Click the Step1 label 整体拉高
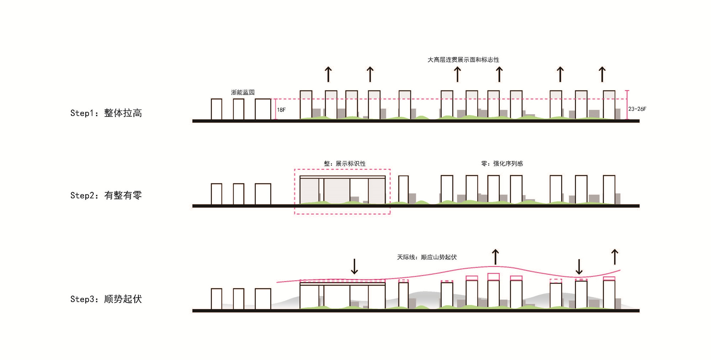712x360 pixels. pos(123,113)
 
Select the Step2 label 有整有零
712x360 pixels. pos(123,195)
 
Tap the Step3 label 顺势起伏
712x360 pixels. pos(123,299)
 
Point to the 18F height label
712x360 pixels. pos(281,110)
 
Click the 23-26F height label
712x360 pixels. pos(637,109)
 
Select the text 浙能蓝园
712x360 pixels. pos(243,93)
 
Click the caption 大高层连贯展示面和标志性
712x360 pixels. pos(463,60)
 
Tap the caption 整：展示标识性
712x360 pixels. pos(345,163)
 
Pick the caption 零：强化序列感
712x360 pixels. pos(502,163)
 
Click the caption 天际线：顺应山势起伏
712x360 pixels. pos(427,257)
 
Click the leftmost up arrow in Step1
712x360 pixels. pos(328,74)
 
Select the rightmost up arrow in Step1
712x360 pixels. pos(602,74)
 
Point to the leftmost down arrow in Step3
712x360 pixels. pos(354,266)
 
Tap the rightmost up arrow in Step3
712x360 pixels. pos(615,257)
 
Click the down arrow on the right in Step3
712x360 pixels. pos(579,267)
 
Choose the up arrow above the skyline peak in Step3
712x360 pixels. pos(495,257)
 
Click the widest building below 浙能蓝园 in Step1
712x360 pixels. pos(263,109)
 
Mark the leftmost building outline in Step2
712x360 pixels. pos(216,194)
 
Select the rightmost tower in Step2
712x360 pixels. pos(609,190)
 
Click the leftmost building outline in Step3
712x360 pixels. pos(216,299)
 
